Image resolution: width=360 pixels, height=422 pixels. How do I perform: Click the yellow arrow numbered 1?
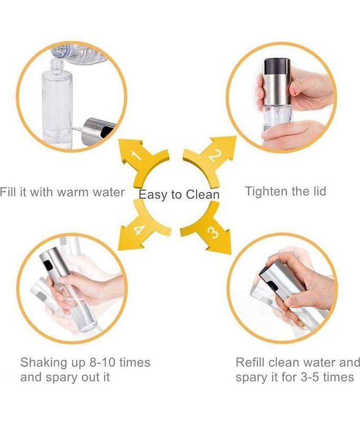tap(142, 161)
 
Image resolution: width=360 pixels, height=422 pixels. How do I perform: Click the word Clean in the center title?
tap(203, 195)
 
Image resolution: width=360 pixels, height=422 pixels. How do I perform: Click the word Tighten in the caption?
tap(266, 191)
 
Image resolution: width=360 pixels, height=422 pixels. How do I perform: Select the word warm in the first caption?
tap(73, 193)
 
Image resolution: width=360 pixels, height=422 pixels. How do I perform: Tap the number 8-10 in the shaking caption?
tap(102, 362)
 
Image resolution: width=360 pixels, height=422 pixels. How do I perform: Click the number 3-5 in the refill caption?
tap(310, 377)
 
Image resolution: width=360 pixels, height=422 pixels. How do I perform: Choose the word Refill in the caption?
tap(250, 362)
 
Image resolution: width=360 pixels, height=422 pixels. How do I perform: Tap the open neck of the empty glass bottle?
tap(57, 64)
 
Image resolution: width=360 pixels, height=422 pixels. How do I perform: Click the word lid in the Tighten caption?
tap(318, 191)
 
